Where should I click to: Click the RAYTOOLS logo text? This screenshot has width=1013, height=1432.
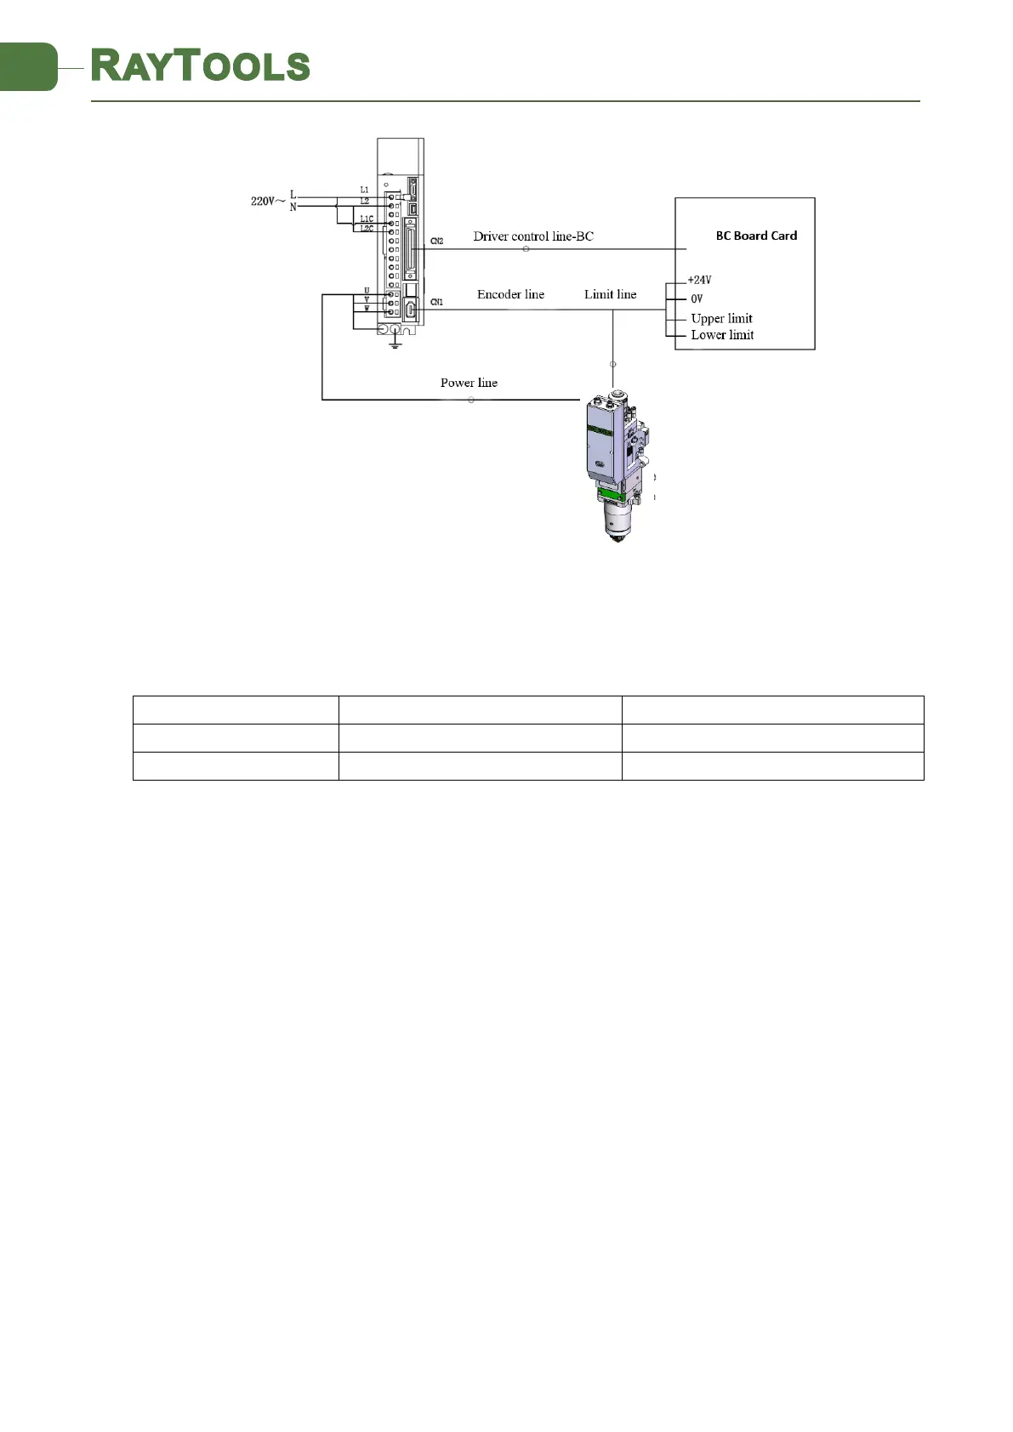coord(201,66)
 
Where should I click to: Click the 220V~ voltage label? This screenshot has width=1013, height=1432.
coord(267,202)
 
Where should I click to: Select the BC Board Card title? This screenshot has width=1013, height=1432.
coord(756,236)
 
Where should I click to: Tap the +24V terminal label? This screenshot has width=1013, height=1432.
coord(699,280)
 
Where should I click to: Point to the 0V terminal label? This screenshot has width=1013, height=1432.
coord(697,298)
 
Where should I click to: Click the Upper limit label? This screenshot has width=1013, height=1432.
coord(721,319)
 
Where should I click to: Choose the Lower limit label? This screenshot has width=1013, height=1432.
coord(722,335)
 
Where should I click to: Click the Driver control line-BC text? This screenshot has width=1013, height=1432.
coord(533,236)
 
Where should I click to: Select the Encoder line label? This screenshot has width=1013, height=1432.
coord(510,294)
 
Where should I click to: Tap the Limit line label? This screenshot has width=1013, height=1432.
coord(610,294)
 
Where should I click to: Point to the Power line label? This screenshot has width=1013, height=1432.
coord(469,383)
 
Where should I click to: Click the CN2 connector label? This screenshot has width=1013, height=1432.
coord(436,242)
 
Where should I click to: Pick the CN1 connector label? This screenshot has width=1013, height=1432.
coord(436,302)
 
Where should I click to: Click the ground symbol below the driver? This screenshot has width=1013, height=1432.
coord(395,344)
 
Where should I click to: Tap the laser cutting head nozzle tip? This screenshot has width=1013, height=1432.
coord(618,537)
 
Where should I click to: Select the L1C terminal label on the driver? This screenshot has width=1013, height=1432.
coord(366,219)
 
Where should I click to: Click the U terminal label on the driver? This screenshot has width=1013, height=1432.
coord(367,292)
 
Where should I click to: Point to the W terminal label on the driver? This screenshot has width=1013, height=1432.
coord(367,309)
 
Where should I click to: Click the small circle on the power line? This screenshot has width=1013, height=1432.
coord(471,400)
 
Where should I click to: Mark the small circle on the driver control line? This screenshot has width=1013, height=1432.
coord(526,249)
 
